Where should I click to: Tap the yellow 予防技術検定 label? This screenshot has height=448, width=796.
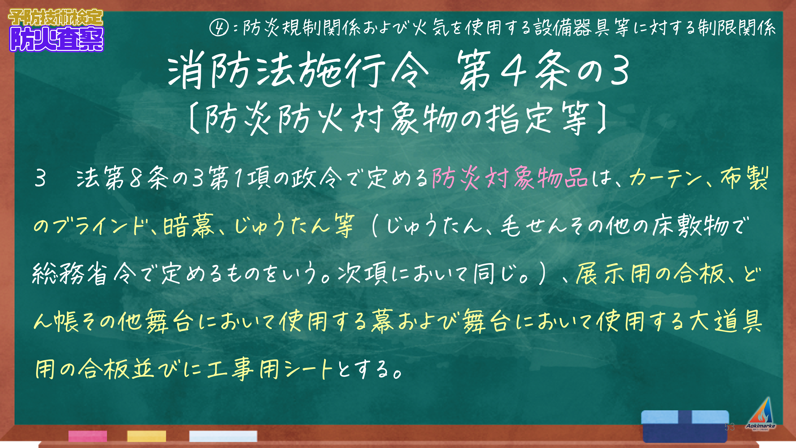click(56, 17)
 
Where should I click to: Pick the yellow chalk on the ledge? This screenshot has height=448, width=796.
click(147, 436)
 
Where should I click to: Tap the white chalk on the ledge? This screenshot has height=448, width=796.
click(223, 436)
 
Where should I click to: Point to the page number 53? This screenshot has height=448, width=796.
click(730, 427)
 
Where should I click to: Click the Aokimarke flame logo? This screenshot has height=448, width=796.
click(761, 414)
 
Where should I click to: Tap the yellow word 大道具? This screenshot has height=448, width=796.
click(726, 321)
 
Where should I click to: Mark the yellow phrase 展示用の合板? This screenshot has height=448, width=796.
click(650, 274)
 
